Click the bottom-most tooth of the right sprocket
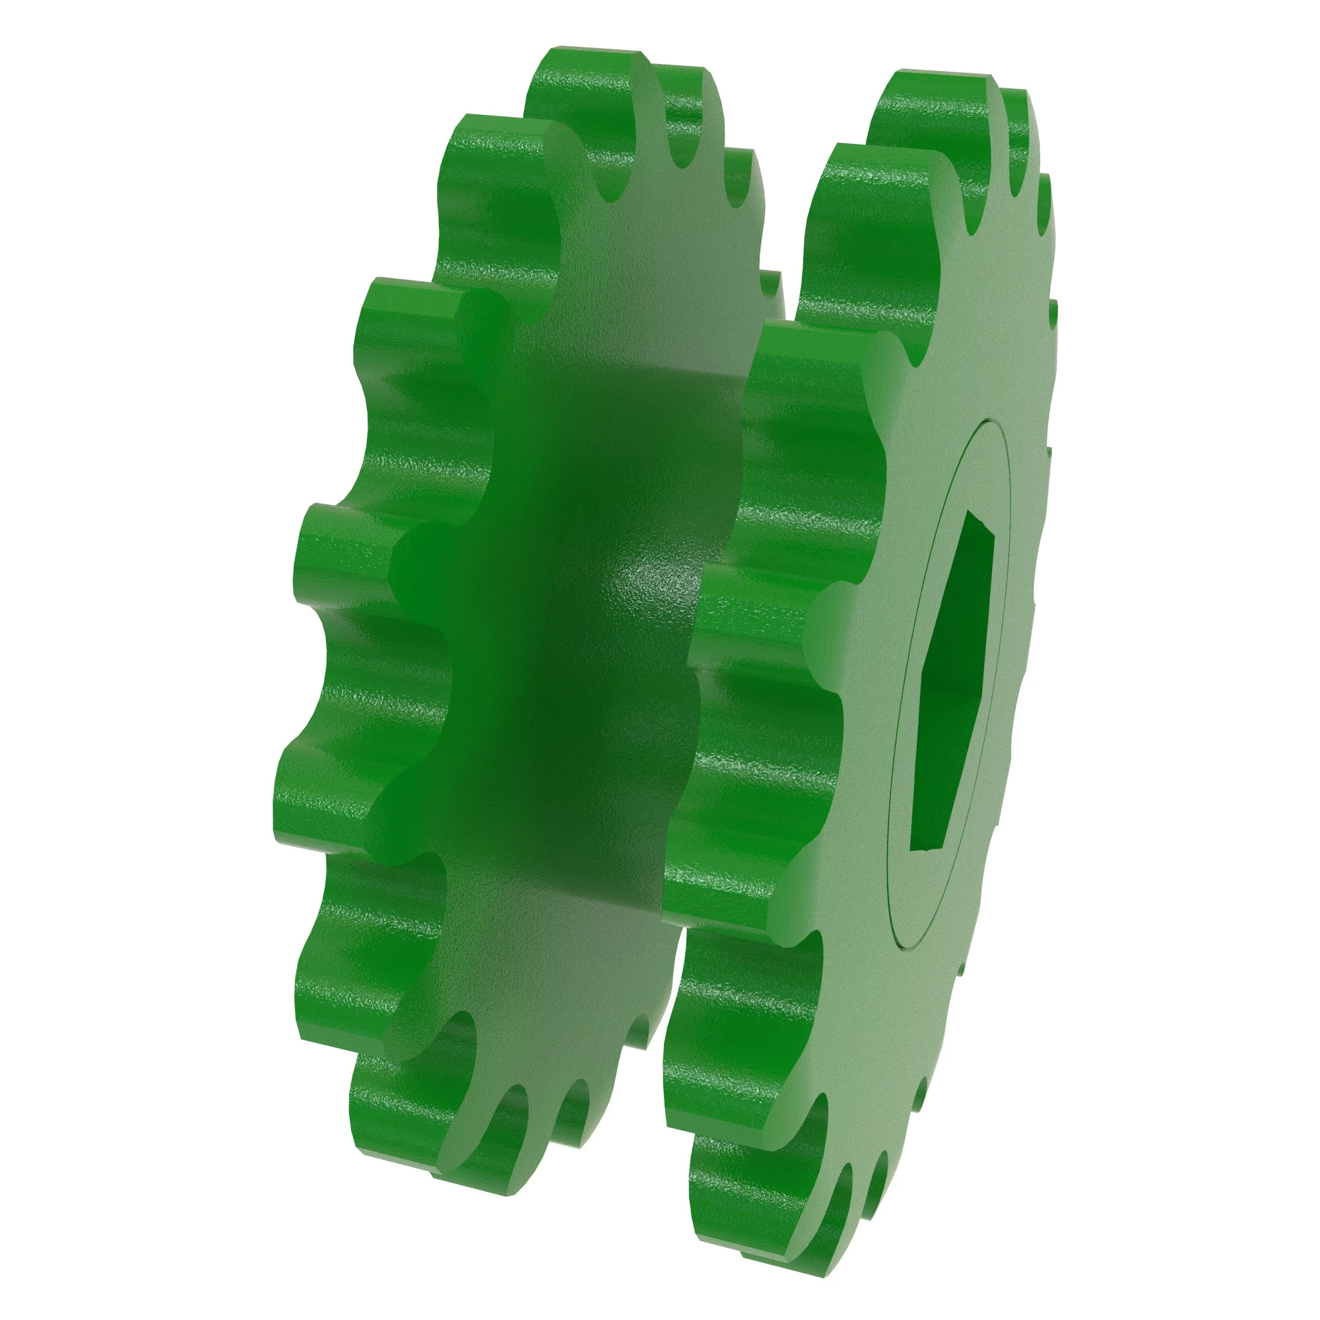(x=785, y=1264)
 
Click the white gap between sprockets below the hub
(x=673, y=991)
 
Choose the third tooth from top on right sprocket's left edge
(x=813, y=355)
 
